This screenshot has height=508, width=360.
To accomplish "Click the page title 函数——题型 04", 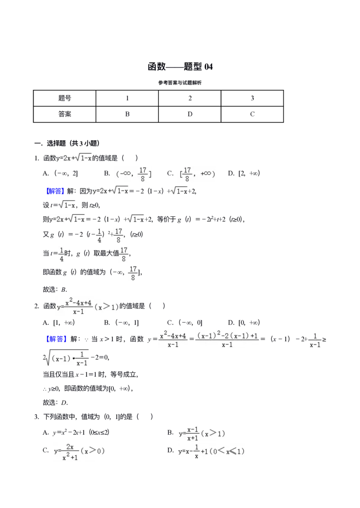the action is (x=180, y=67).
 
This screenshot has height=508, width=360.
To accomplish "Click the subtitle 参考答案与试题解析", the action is (x=180, y=83).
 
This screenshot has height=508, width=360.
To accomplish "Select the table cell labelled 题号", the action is (x=64, y=98).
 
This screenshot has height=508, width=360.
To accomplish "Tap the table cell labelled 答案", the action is (x=64, y=114).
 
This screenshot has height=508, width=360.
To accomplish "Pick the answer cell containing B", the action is (x=127, y=114).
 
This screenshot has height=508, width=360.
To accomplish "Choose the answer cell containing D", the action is (x=190, y=114).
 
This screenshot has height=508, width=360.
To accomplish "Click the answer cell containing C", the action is (x=252, y=114).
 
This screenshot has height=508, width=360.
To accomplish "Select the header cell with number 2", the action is (x=190, y=98).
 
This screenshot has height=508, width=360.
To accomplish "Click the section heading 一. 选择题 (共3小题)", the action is (x=67, y=143).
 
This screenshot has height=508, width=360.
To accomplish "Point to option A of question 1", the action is (x=60, y=174).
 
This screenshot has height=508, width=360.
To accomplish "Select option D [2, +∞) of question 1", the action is (x=244, y=174).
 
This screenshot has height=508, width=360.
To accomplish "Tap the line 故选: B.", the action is (x=55, y=290).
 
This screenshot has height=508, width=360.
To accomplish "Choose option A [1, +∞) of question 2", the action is (x=58, y=323).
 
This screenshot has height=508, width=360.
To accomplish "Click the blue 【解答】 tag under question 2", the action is (x=56, y=339).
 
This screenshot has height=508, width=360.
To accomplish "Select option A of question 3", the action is (x=76, y=432).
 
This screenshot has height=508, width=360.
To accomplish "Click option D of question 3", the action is (x=206, y=451).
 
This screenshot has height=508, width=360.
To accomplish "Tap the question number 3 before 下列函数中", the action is (x=36, y=417).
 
